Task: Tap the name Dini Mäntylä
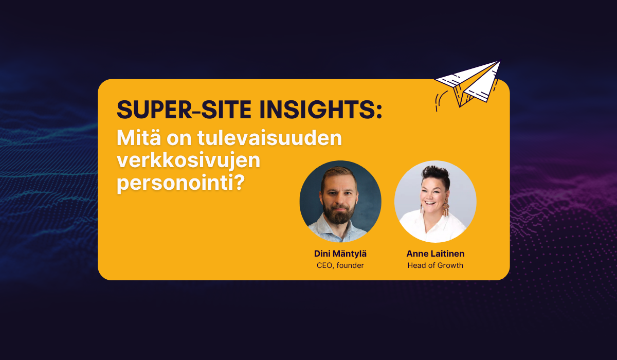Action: click(340, 254)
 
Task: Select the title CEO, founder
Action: click(340, 266)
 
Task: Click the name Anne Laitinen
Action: click(435, 254)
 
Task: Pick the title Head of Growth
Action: click(435, 266)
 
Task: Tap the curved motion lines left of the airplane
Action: click(440, 100)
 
